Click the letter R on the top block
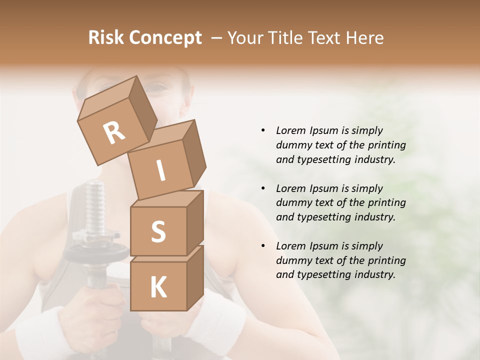[114, 133]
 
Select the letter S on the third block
[158, 231]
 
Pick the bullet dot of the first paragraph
[263, 130]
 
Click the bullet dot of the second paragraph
[263, 188]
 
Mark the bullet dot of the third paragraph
[263, 246]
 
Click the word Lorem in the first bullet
[290, 130]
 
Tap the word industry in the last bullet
[375, 274]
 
